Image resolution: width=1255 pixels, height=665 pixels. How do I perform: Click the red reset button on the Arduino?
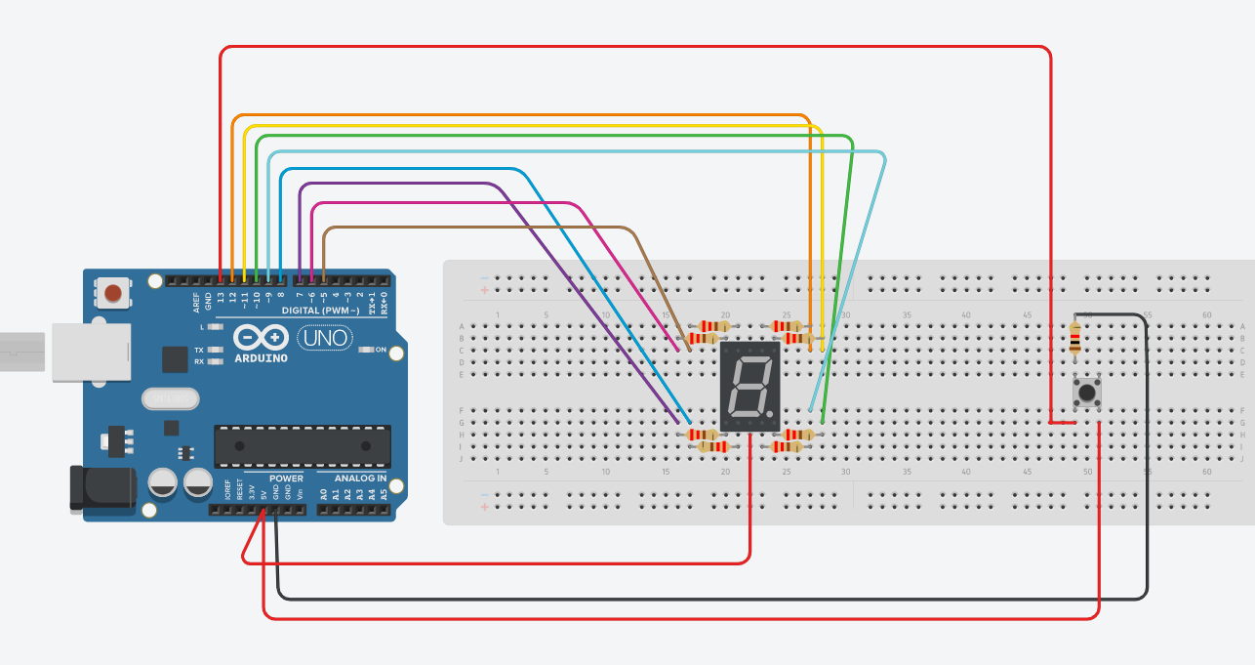(x=113, y=292)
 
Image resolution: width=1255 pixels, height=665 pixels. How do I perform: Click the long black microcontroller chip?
(x=303, y=445)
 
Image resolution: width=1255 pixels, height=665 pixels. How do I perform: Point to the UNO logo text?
(x=323, y=339)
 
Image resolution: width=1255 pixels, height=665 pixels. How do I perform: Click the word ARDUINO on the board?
(x=261, y=358)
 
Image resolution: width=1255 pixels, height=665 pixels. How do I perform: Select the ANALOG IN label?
(x=361, y=478)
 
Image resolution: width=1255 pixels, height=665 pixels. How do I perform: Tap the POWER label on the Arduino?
(x=286, y=478)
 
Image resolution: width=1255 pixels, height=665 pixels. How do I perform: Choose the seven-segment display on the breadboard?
(x=749, y=387)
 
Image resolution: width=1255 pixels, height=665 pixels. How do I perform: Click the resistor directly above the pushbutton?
(x=1074, y=338)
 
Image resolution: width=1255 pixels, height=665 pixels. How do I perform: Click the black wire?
(x=683, y=598)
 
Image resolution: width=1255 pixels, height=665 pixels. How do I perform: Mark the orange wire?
(x=517, y=115)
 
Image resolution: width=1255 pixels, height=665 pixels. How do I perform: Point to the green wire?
(x=547, y=137)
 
